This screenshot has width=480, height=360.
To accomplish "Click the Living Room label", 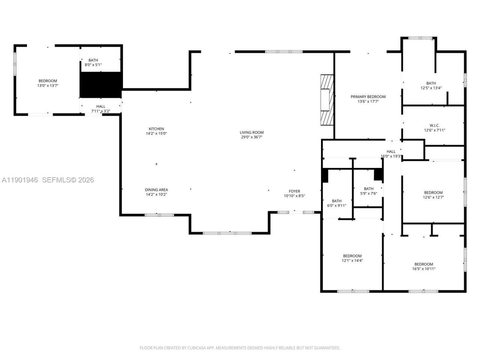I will click(x=252, y=132).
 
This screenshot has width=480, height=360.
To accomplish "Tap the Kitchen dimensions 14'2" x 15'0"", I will click(x=156, y=133).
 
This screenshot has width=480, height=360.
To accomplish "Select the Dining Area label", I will click(x=156, y=190).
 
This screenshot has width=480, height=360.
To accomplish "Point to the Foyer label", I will click(x=294, y=191).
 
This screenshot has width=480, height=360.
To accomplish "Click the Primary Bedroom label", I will click(x=368, y=97).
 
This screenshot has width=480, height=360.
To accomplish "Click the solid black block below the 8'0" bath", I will click(x=101, y=85).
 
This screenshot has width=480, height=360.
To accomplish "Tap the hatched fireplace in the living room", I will click(x=326, y=99).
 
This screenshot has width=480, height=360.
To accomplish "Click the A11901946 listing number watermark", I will click(x=19, y=180).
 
